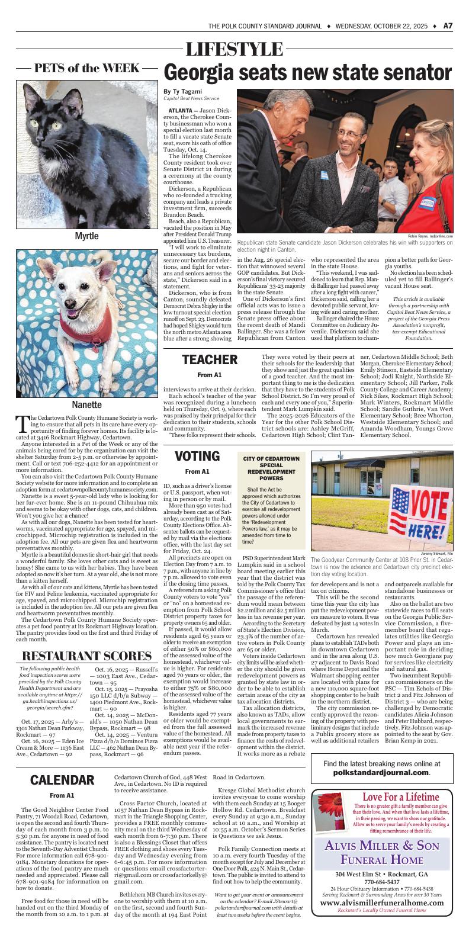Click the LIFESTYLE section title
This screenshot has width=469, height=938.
[234, 49]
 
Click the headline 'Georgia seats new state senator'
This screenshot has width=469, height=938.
[307, 73]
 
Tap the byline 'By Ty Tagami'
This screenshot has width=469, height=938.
[183, 91]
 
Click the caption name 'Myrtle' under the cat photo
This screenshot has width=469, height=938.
[86, 236]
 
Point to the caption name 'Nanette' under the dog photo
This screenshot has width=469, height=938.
[86, 405]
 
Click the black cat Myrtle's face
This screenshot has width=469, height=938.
[50, 101]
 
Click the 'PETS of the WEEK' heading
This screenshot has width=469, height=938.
[86, 68]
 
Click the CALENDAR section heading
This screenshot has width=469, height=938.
[62, 779]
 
